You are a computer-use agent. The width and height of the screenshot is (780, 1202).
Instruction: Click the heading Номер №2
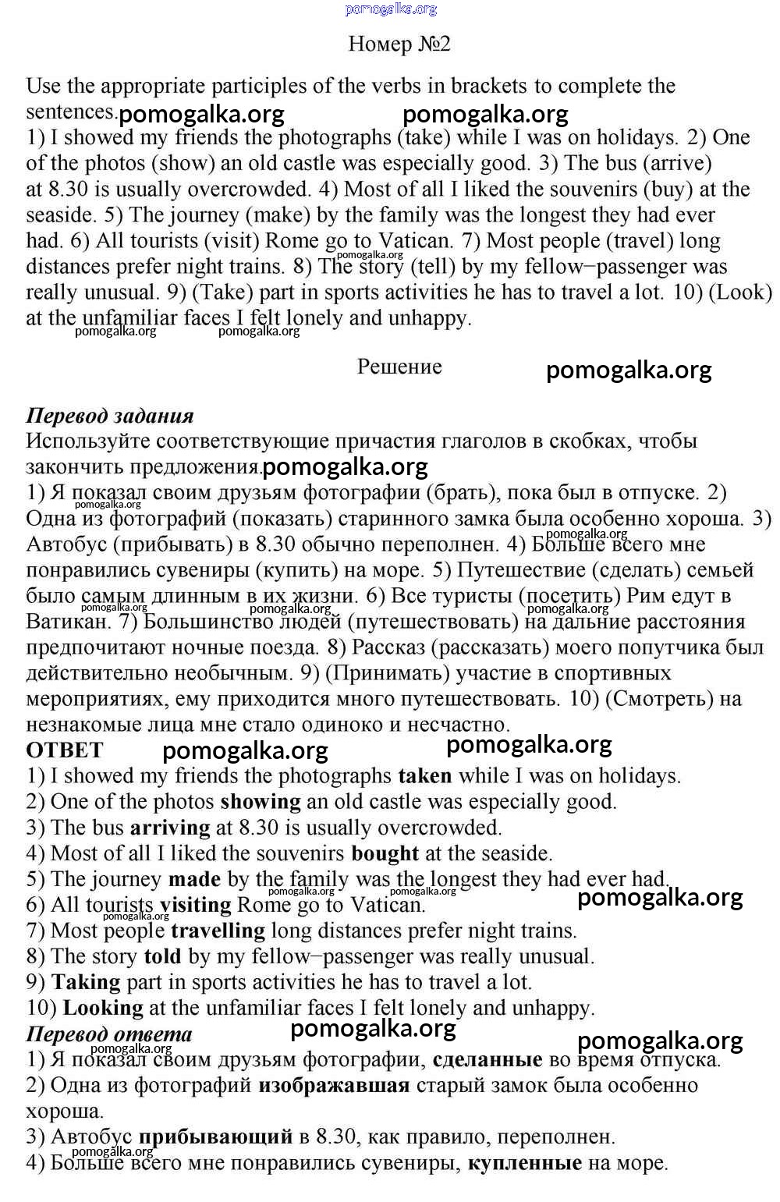pos(399,44)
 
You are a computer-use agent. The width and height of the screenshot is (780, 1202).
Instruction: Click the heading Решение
pos(399,367)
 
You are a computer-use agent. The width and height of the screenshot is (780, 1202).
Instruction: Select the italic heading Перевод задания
pos(110,415)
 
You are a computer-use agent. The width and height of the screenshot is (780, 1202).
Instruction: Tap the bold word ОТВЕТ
pos(65,750)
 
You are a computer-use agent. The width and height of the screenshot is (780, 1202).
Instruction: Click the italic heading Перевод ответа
pos(109,1034)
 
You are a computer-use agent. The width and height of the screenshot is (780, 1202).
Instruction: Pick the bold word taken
pos(425,776)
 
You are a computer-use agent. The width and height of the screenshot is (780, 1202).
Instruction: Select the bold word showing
pos(261,802)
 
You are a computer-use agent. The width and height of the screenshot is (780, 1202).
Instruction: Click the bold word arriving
pos(170,828)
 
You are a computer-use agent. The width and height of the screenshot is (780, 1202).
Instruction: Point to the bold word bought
pos(385,853)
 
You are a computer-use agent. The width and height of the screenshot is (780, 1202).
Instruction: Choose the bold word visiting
pos(196,905)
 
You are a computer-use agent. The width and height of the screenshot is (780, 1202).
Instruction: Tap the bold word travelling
pos(218,931)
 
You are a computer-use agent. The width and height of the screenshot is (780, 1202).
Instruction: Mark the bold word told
pos(162,956)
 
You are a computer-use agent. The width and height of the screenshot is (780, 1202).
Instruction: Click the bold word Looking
pos(103,1008)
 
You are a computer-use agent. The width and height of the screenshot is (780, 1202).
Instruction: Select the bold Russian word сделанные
pos(487,1059)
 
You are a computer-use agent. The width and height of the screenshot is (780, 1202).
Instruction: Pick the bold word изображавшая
pos(334,1085)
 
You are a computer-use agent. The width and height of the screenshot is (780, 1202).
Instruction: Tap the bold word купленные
pos(525,1163)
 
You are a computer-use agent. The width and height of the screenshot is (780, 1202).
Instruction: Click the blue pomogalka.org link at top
pos(391,9)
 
